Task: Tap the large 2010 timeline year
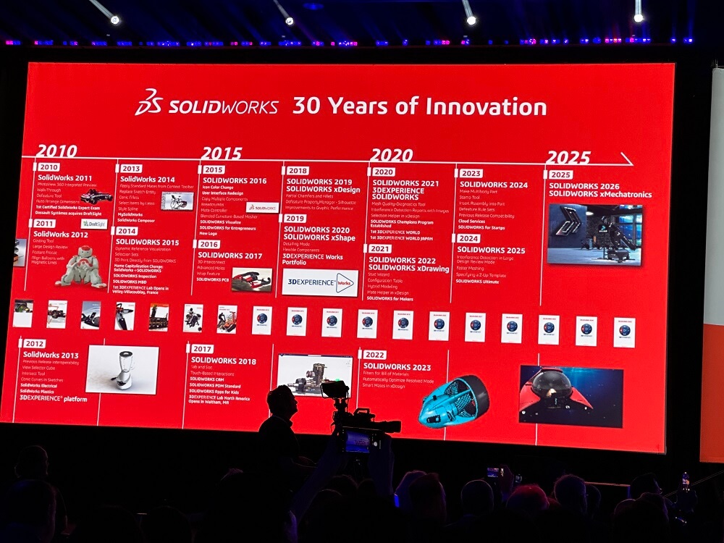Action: click(x=58, y=151)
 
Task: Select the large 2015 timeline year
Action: click(x=222, y=153)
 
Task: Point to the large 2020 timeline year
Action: click(x=391, y=155)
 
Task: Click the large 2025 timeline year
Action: click(x=568, y=157)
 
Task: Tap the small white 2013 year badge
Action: click(x=131, y=169)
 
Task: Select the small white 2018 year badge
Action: click(x=297, y=171)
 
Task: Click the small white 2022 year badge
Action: click(x=374, y=355)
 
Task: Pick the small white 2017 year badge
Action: click(x=202, y=349)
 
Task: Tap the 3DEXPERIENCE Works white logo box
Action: click(x=320, y=282)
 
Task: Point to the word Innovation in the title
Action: click(x=485, y=106)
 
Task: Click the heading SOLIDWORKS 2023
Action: click(x=397, y=367)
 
